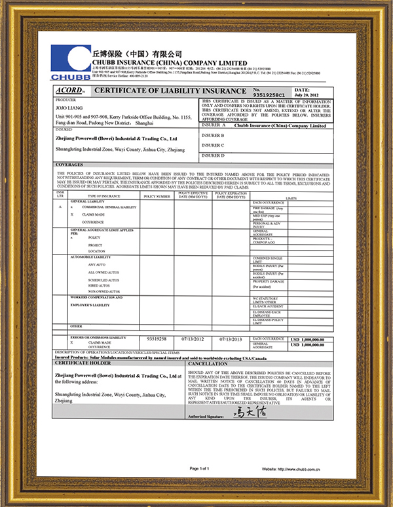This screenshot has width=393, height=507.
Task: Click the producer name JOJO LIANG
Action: tap(67, 108)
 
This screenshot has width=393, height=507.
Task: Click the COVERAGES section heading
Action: tap(69, 165)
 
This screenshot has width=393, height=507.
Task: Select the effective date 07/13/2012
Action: tap(194, 339)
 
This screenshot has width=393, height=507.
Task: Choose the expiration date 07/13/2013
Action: tap(231, 339)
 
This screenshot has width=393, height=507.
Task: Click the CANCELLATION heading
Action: tap(208, 362)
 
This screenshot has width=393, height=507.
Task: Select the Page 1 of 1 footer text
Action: tap(199, 468)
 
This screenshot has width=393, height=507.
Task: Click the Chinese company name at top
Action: tap(138, 52)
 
